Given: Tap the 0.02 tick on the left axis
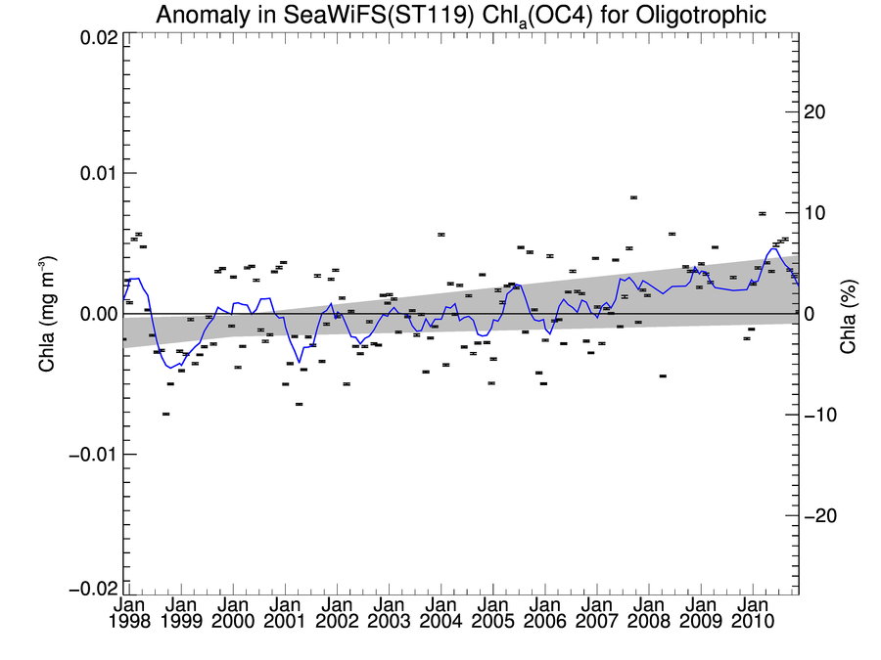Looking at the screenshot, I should (98, 37).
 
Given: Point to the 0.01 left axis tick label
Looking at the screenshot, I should (98, 173).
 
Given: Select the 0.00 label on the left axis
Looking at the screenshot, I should (98, 314).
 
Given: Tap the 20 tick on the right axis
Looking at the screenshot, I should (815, 111).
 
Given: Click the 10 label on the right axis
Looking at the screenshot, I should (815, 213).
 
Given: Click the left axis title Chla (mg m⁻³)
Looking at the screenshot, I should (46, 314).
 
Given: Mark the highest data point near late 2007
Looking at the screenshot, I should (633, 198).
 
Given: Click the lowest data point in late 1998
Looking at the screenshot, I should (166, 415).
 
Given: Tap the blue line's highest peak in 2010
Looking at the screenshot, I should (773, 248).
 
